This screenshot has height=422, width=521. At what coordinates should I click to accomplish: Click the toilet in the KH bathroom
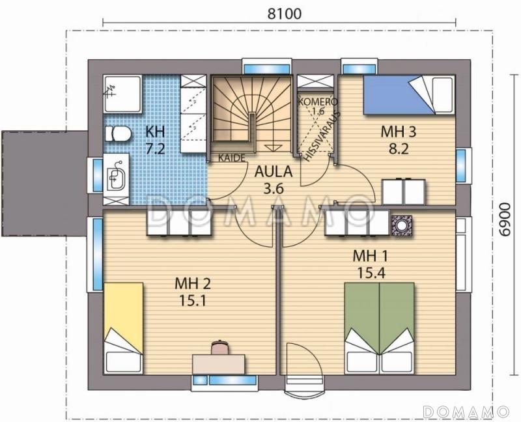[x=118, y=134]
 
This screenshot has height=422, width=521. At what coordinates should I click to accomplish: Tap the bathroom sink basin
[x=116, y=175]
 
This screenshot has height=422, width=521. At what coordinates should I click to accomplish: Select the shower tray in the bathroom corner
[x=122, y=94]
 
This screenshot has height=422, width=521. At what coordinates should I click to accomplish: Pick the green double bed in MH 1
[x=380, y=328]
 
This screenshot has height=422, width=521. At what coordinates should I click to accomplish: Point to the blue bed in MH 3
[x=409, y=95]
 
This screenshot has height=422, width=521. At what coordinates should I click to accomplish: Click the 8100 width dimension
[x=285, y=14]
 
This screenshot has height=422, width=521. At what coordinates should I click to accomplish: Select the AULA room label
[x=274, y=172]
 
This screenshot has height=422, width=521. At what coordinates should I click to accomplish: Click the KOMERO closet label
[x=318, y=102]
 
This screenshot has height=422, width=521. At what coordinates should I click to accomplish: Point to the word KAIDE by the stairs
[x=232, y=158]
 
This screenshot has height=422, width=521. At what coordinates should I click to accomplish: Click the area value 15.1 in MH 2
[x=193, y=301]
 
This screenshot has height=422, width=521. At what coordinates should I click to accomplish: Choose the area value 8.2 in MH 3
[x=399, y=149]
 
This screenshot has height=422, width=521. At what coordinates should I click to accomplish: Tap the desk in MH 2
[x=219, y=364]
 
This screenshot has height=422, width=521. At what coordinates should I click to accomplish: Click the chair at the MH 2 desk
[x=219, y=347]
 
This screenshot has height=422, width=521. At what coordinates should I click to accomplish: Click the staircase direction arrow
[x=273, y=148]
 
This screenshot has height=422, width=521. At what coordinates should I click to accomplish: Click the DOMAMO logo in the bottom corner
[x=466, y=412]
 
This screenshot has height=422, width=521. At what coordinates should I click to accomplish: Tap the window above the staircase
[x=267, y=67]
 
